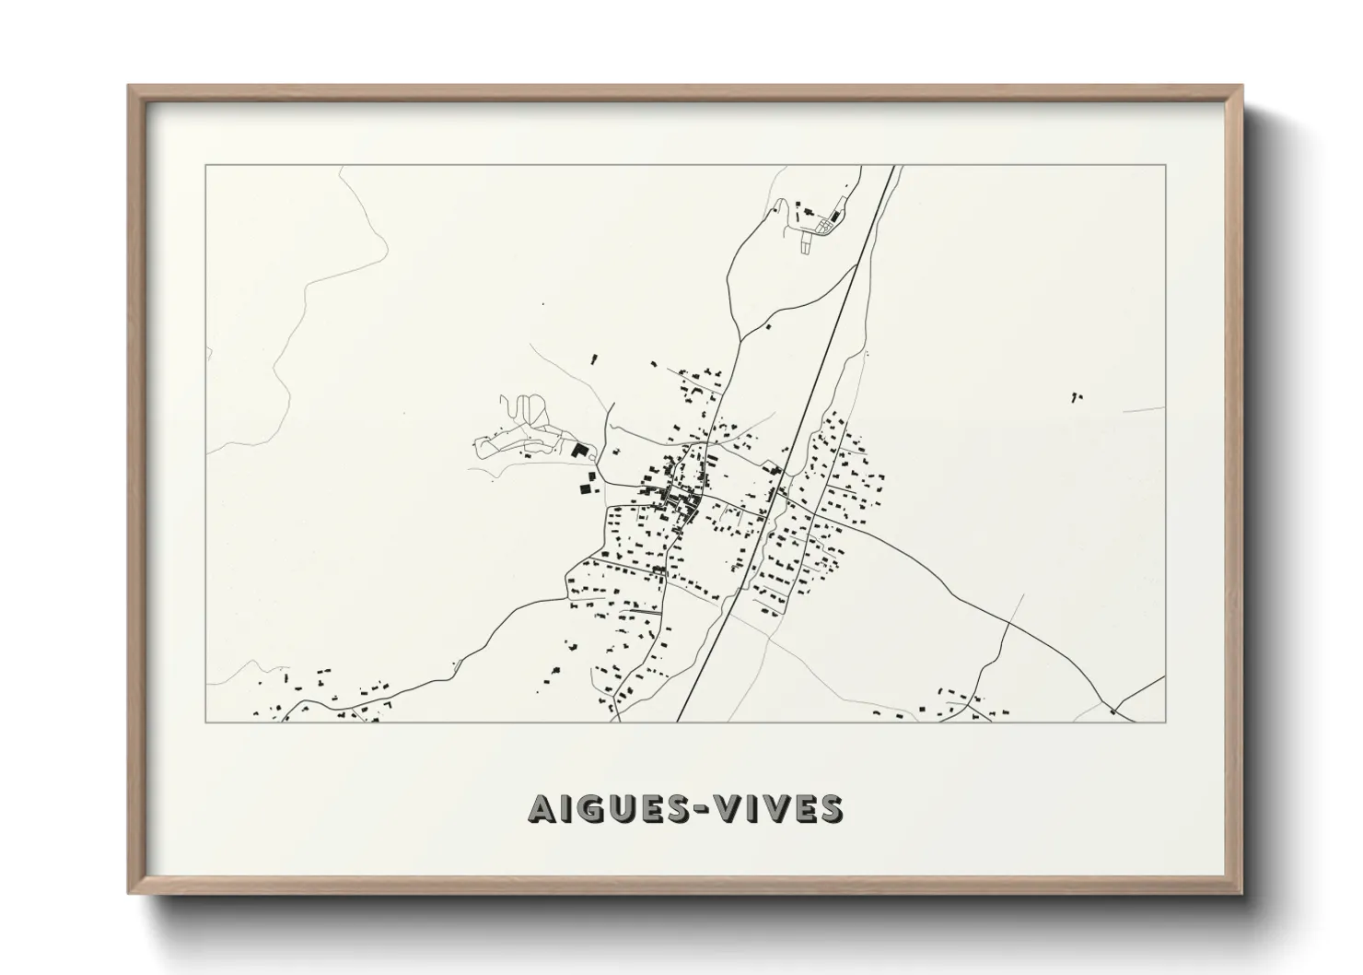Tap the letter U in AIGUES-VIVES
coord(617,808)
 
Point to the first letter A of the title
coord(542,808)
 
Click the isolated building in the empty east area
coord(1076,397)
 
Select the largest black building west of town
coord(580,451)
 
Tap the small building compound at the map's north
coord(818,221)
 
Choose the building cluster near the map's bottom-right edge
coord(967,705)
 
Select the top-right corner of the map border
coord(1166,166)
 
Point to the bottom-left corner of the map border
coord(206,722)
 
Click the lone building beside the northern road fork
coord(768,326)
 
